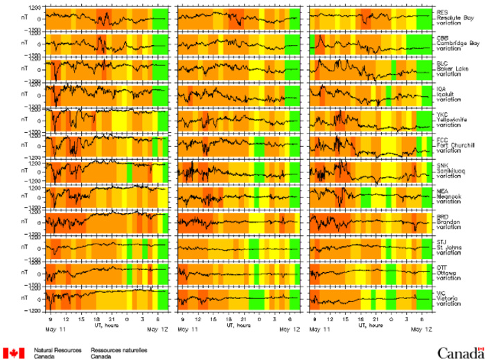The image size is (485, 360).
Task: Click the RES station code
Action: point(441,12)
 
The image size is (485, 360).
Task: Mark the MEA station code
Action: point(441,187)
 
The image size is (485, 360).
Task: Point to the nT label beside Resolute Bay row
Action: point(26,18)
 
